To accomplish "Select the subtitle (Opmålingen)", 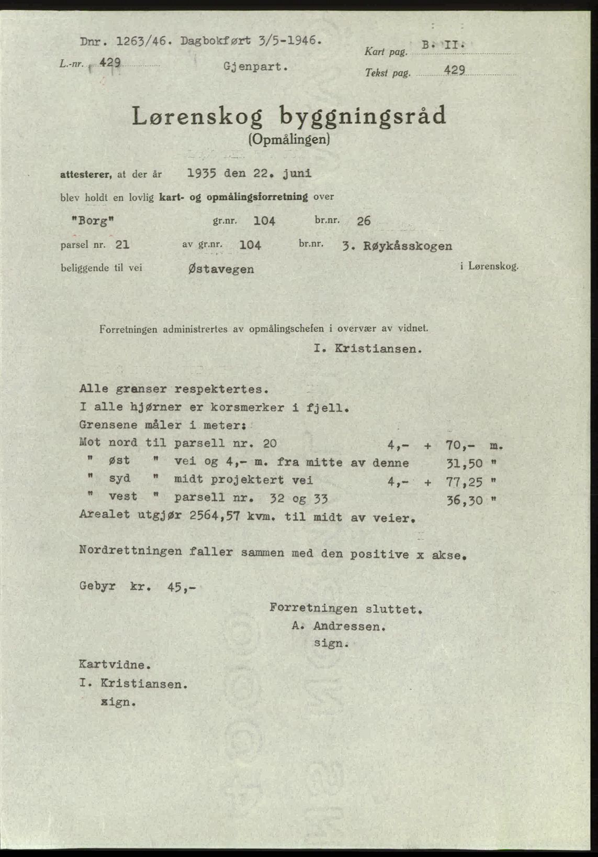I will pos(289,139).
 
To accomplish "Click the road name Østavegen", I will pos(220,269).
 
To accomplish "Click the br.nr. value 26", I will pos(364,221).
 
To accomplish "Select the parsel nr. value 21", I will pos(122,245).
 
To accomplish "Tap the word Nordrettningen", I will pos(131,551).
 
